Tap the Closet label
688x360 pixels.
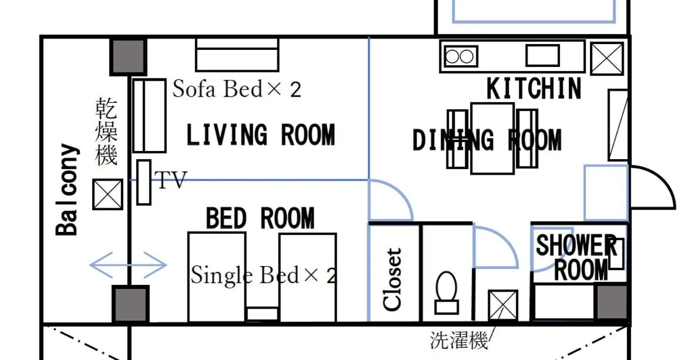tap(392, 279)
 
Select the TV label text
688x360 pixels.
tap(171, 180)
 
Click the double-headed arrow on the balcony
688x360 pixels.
tap(128, 265)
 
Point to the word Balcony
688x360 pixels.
tap(67, 190)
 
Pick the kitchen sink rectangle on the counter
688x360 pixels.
tap(542, 56)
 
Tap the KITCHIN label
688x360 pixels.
tap(534, 89)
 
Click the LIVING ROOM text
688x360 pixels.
tap(260, 135)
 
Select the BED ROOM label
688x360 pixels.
tap(260, 219)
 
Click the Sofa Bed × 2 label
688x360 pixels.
tap(237, 89)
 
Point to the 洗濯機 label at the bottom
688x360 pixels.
tap(459, 341)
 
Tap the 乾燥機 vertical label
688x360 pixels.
tap(106, 132)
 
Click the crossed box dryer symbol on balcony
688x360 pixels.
tap(108, 194)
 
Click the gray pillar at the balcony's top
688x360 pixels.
tap(129, 56)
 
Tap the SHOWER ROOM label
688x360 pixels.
tap(576, 257)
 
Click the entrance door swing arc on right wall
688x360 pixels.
tap(653, 186)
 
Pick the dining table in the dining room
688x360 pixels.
tap(492, 139)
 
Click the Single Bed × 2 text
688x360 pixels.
tap(264, 275)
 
